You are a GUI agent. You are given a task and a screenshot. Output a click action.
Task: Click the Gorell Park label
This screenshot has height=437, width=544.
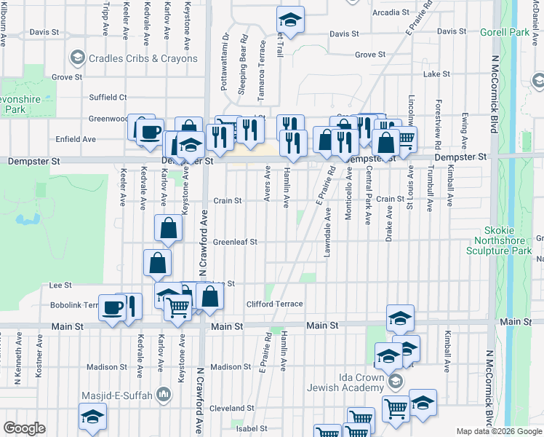pos(505,33)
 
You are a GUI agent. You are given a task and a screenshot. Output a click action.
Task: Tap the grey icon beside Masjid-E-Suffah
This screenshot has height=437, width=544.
pos(164,395)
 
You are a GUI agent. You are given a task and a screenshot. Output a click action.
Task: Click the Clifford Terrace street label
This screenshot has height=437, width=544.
pos(273,304)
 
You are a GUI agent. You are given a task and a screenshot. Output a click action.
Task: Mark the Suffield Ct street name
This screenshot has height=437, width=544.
pos(108,97)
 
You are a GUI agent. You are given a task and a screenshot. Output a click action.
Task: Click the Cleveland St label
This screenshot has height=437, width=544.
pos(232,409)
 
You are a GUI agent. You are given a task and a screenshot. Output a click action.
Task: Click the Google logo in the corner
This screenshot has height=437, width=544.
pos(24,428)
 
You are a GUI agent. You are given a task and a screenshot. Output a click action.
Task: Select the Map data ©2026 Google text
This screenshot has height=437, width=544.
pos(498,431)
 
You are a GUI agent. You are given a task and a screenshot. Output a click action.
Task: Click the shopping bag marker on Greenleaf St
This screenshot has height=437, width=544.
pos(168,228)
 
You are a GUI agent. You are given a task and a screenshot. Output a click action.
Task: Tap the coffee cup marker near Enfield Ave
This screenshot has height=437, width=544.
pos(151,132)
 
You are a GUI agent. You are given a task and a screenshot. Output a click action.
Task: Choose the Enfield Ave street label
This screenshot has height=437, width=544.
pos(76,139)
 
